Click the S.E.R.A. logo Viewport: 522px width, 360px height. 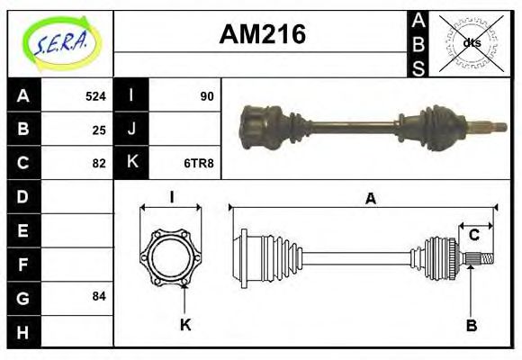(59, 41)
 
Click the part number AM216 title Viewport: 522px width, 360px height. (263, 35)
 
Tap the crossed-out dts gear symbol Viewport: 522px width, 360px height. (471, 42)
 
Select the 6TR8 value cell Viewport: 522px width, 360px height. (200, 163)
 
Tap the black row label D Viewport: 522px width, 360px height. (22, 196)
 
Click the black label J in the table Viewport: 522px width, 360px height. (131, 130)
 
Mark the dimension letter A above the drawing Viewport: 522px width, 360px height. (370, 199)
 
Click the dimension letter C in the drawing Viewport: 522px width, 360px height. (473, 236)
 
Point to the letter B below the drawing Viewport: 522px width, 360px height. (470, 325)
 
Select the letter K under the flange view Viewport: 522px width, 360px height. (185, 325)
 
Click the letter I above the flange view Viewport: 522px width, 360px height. (171, 198)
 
